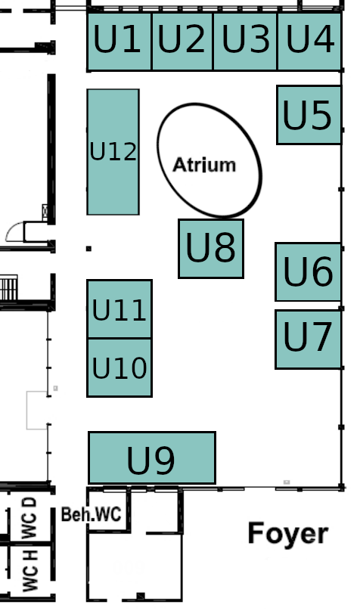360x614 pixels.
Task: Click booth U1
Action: point(119,42)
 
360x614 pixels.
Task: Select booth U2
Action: point(182,42)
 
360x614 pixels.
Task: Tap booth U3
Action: point(245,42)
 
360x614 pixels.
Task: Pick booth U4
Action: point(309,42)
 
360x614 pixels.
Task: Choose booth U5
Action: point(309,115)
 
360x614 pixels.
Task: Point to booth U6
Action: point(308,271)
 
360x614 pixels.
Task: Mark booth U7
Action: point(308,339)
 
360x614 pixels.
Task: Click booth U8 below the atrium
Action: point(211,249)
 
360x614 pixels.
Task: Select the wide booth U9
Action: point(152,457)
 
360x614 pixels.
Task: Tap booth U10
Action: point(119,367)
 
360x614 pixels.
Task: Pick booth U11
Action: point(119,309)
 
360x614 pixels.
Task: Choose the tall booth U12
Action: point(113,152)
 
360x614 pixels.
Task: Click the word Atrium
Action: point(204,165)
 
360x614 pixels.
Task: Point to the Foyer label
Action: point(288,533)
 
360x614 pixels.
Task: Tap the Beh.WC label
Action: point(92,514)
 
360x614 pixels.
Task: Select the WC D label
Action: point(29,518)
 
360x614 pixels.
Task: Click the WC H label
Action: point(29,570)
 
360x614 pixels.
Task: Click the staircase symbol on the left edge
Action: point(8,287)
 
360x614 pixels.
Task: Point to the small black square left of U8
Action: point(88,249)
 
